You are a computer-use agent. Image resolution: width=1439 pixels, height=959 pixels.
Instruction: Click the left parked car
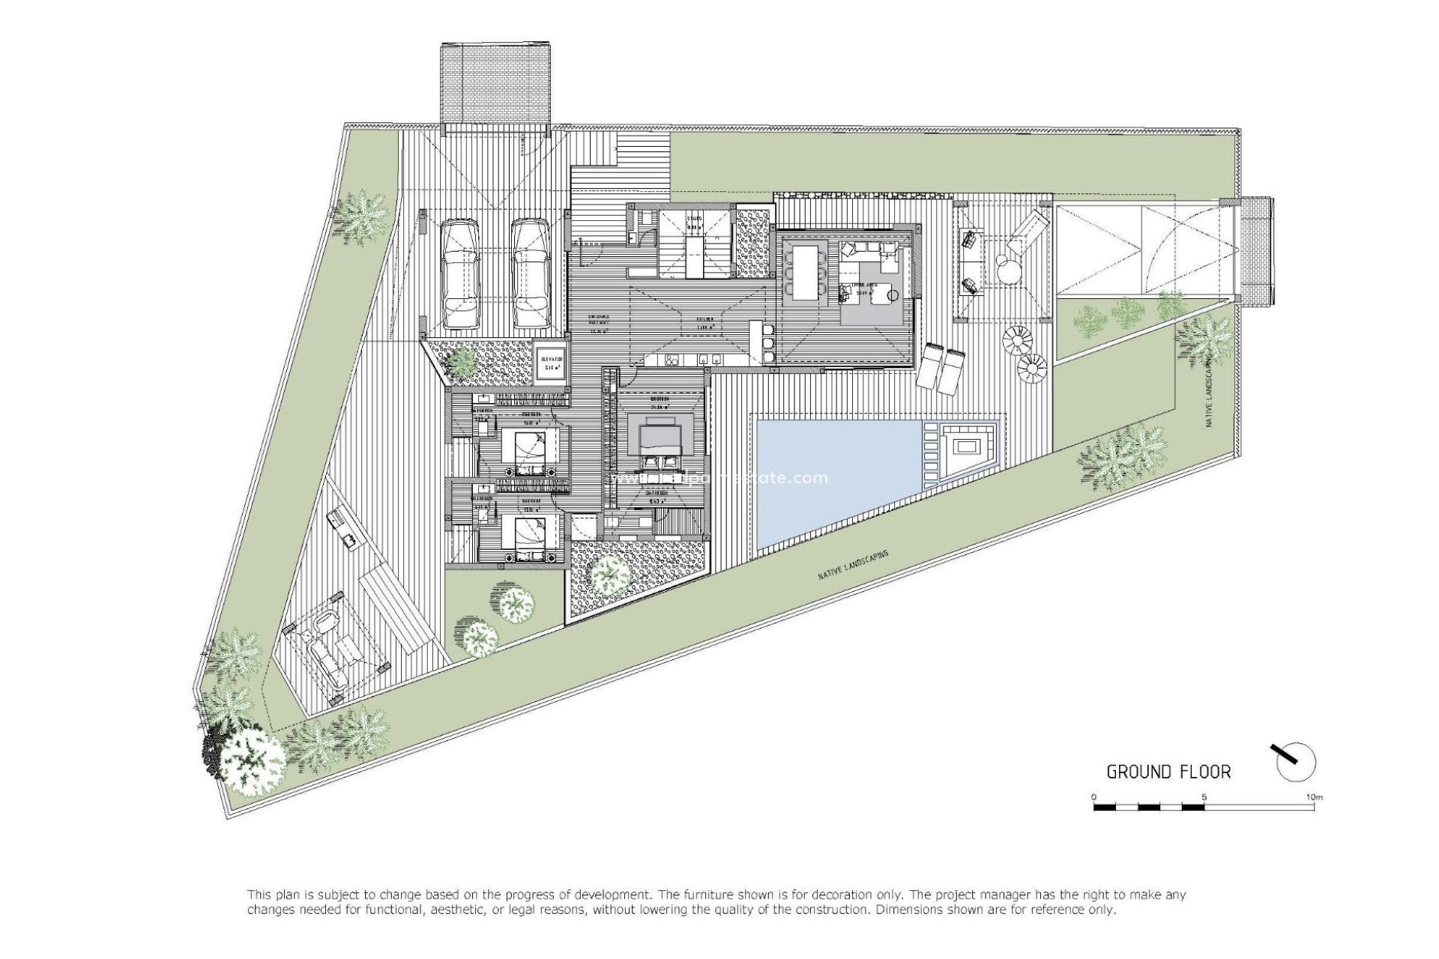click(459, 274)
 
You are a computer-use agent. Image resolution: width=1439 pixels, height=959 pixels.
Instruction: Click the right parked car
click(531, 274)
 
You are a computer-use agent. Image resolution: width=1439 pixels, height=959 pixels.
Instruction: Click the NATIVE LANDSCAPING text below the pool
click(854, 566)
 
